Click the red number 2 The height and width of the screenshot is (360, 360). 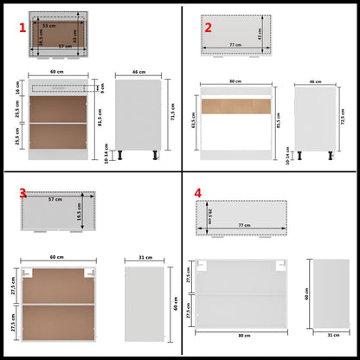pyautogui.click(x=208, y=27)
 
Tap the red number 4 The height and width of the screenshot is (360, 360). pyautogui.click(x=198, y=192)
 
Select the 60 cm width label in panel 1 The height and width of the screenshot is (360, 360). pyautogui.click(x=57, y=73)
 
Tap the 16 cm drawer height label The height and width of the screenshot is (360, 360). pyautogui.click(x=17, y=88)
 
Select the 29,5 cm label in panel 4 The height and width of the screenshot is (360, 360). pyautogui.click(x=209, y=213)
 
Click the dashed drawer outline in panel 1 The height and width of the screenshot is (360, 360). pyautogui.click(x=57, y=87)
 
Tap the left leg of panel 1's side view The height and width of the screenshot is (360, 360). pyautogui.click(x=123, y=157)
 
